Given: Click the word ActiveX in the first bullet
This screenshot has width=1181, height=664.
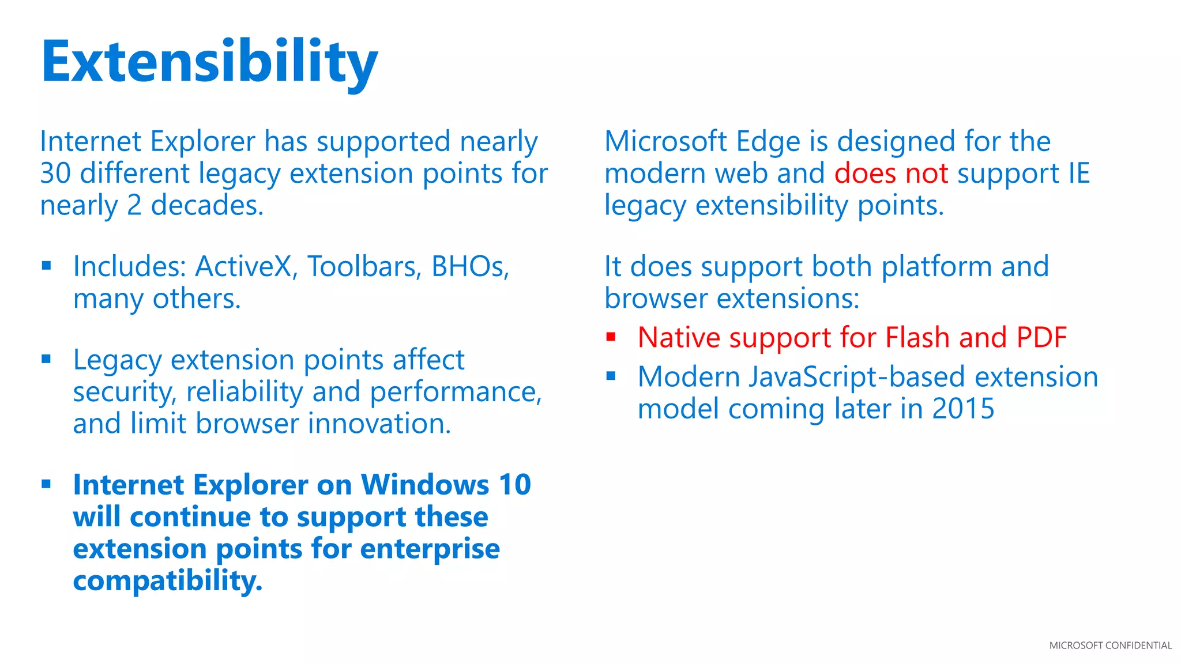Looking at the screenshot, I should [x=243, y=267].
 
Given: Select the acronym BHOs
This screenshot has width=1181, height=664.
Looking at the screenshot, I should [x=469, y=267].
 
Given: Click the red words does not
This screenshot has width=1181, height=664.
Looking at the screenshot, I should [x=890, y=173].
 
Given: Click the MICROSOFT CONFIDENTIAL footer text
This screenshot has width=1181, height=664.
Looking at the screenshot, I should [x=1110, y=646].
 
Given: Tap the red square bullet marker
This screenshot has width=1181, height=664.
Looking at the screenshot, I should [x=611, y=337].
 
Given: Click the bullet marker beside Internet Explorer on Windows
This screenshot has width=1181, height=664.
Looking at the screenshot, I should [x=47, y=484].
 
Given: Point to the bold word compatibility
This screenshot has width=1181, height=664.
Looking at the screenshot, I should [x=167, y=581].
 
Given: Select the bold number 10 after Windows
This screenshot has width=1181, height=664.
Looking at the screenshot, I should [x=514, y=485].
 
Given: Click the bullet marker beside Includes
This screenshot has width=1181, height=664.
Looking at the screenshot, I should [x=47, y=266].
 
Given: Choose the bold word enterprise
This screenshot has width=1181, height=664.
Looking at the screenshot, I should [x=430, y=549].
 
